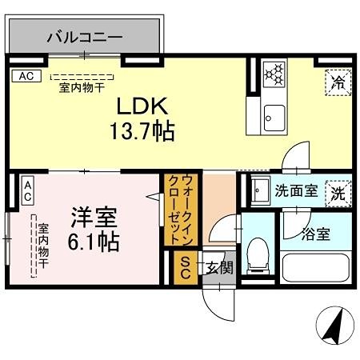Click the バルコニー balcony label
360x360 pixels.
click(x=84, y=37)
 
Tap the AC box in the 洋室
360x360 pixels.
click(x=26, y=190)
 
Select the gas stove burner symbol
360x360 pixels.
click(x=274, y=74)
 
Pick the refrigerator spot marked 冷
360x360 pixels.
click(x=338, y=80)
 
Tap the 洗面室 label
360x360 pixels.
click(x=297, y=192)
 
